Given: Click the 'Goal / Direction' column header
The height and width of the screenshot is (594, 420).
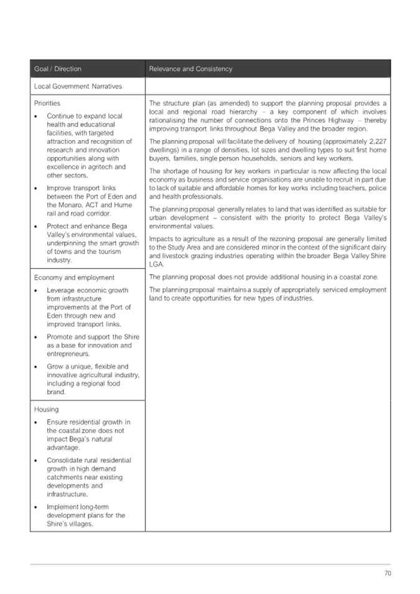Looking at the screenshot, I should (58, 69).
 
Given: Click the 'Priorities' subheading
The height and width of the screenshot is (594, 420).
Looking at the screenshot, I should (47, 103).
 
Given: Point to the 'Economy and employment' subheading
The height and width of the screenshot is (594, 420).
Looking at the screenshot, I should (74, 278).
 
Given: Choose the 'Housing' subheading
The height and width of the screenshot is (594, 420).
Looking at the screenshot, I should (47, 410).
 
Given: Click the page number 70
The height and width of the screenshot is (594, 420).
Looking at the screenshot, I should (387, 573).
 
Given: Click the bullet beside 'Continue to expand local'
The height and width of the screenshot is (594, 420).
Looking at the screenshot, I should (38, 116).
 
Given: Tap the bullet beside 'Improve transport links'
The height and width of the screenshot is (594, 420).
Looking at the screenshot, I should (38, 187).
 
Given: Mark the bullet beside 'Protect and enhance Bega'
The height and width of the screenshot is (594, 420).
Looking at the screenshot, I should (38, 226).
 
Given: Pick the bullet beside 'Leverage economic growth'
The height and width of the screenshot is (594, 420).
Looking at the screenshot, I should (38, 291).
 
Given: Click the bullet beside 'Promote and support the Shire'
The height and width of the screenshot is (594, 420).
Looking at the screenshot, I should (38, 337).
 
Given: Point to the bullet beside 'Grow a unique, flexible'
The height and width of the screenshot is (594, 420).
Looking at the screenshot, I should (38, 367).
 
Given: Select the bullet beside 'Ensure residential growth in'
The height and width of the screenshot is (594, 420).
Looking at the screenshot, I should (38, 423).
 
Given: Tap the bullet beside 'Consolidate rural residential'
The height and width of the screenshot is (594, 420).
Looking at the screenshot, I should (38, 461).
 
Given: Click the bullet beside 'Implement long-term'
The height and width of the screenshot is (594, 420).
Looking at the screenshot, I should (38, 507).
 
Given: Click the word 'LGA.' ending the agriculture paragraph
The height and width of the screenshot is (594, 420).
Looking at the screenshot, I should (157, 264).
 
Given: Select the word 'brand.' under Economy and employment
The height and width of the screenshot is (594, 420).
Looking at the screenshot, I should (57, 392).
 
